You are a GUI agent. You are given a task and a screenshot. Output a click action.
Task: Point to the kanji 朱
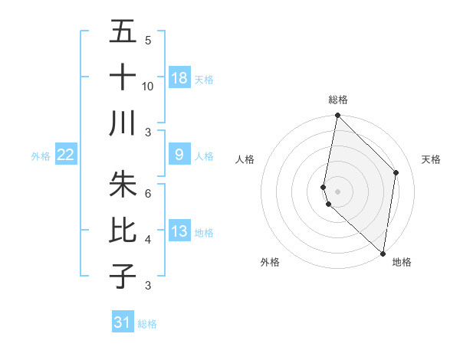[123, 185]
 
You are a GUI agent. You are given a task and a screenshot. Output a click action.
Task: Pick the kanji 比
[123, 231]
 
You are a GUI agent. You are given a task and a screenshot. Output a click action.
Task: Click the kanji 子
[123, 275]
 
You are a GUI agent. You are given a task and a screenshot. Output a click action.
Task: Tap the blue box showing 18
[179, 78]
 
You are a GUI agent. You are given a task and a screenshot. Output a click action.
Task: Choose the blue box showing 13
[179, 231]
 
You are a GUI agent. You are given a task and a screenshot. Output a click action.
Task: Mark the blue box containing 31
[123, 322]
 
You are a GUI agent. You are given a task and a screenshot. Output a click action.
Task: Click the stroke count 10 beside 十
[148, 86]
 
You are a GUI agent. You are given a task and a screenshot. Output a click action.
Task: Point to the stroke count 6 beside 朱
[148, 193]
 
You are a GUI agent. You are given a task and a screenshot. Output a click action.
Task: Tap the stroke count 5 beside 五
[148, 41]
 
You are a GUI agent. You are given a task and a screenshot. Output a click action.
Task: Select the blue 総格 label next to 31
[147, 324]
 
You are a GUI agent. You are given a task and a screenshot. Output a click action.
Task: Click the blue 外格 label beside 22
[41, 156]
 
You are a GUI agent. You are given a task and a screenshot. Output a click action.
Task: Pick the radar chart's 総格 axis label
[338, 100]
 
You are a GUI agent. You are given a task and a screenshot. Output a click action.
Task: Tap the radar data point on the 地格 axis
[383, 254]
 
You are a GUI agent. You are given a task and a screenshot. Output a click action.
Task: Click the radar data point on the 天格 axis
[396, 172]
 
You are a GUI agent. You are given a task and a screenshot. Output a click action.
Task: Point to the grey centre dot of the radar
[338, 191]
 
